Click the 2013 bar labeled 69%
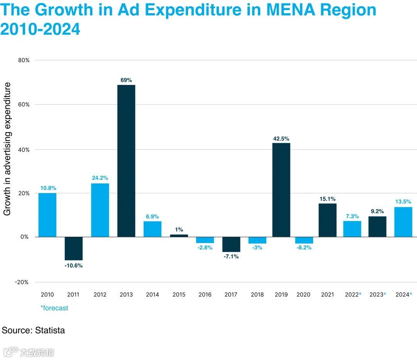pyautogui.click(x=126, y=161)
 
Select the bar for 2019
pyautogui.click(x=281, y=190)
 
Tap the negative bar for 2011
pyautogui.click(x=73, y=248)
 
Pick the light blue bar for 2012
pyautogui.click(x=100, y=210)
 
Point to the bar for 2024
pyautogui.click(x=403, y=222)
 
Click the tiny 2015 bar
pyautogui.click(x=179, y=235)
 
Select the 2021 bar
pyautogui.click(x=327, y=220)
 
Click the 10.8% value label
pyautogui.click(x=48, y=188)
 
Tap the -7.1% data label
pyautogui.click(x=231, y=257)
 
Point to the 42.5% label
pyautogui.click(x=281, y=139)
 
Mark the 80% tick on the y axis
pyautogui.click(x=24, y=60)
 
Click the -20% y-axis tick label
pyautogui.click(x=22, y=282)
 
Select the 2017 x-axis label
pyautogui.click(x=231, y=295)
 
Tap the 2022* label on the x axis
pyautogui.click(x=353, y=295)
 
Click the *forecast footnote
pyautogui.click(x=54, y=308)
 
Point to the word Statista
pyautogui.click(x=50, y=330)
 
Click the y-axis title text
pyautogui.click(x=7, y=149)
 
